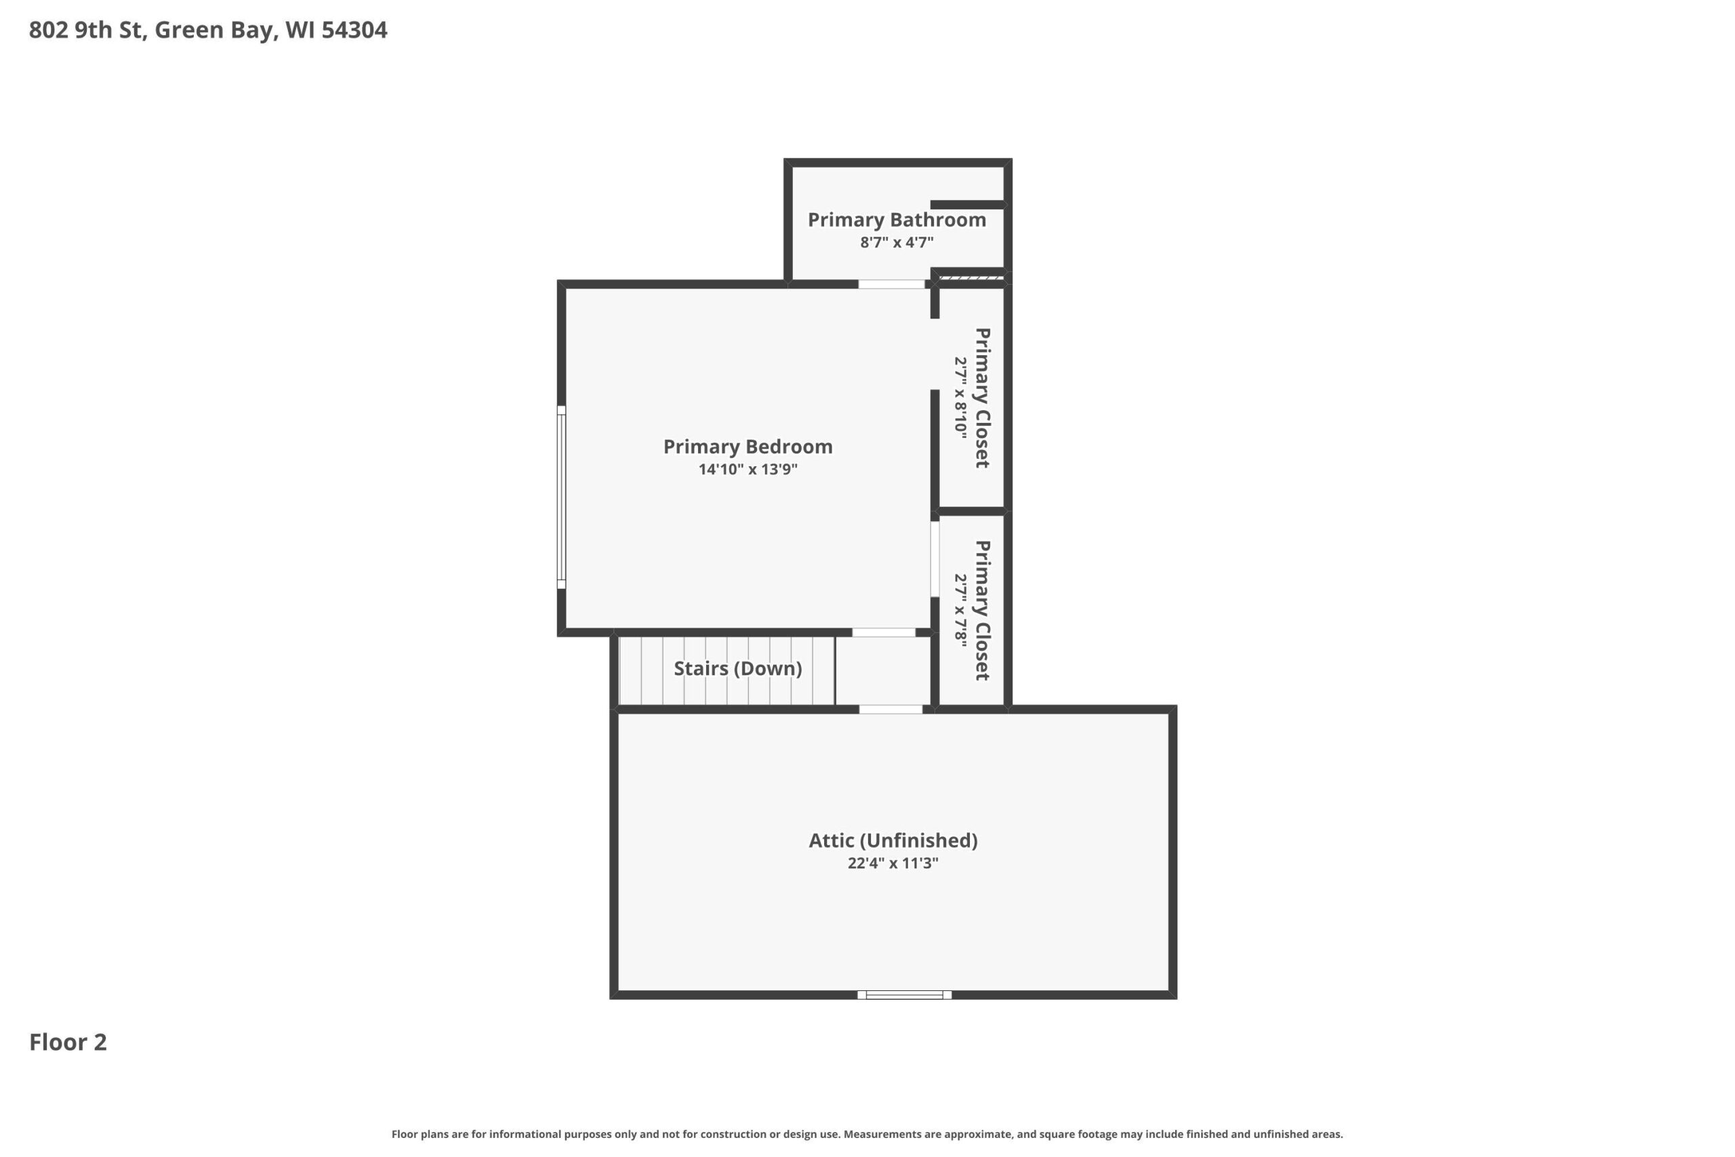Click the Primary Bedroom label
(748, 447)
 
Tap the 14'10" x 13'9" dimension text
(748, 469)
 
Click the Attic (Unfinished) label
(893, 840)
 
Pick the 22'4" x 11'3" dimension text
(893, 864)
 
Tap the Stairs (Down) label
(737, 668)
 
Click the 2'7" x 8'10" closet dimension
(960, 398)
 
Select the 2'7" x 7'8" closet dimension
(960, 611)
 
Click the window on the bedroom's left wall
(561, 498)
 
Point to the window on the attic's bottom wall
(904, 994)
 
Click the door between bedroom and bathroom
(891, 284)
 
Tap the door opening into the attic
(891, 709)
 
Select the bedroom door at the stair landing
(884, 632)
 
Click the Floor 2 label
(68, 1042)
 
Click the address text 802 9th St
(85, 31)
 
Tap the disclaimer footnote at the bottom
(867, 1134)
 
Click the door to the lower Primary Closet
(935, 559)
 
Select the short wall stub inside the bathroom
(967, 205)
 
